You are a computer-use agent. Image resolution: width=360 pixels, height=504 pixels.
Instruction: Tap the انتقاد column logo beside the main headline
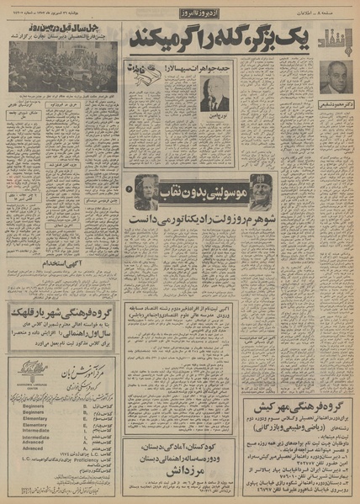334,37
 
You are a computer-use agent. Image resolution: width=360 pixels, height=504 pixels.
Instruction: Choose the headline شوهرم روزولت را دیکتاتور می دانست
222,220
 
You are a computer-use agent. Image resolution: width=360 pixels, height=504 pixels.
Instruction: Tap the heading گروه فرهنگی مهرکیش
304,405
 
